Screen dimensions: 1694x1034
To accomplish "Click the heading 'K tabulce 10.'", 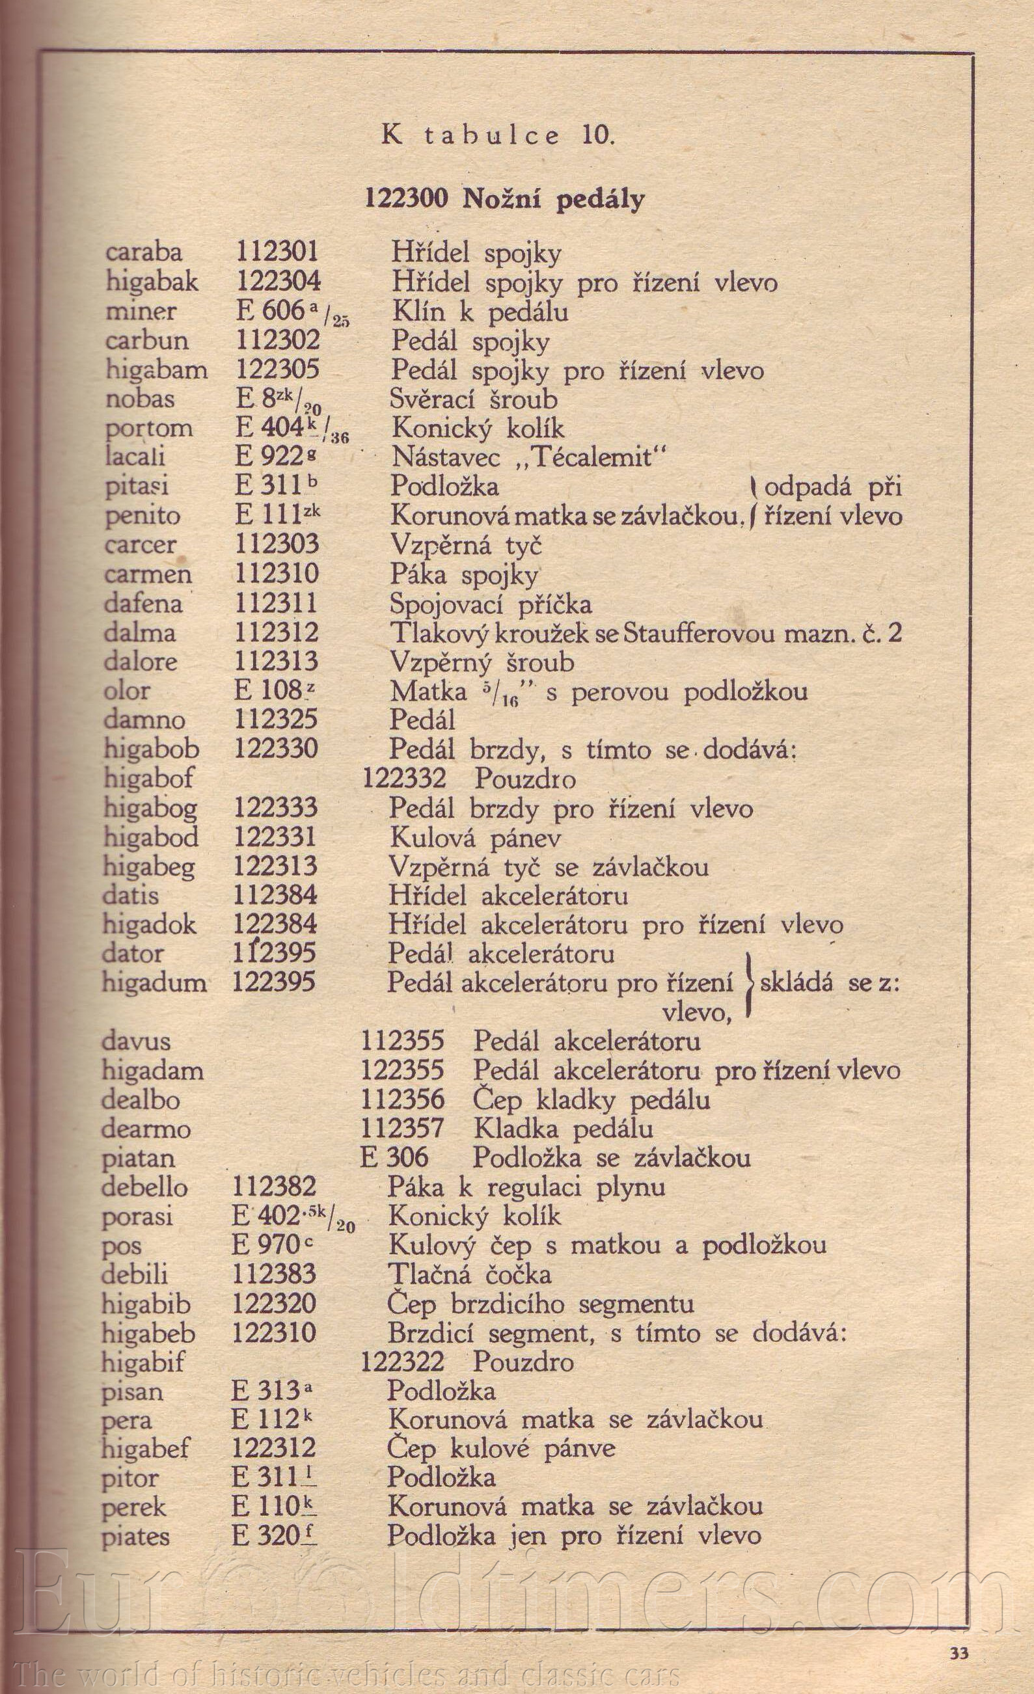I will click(x=498, y=135).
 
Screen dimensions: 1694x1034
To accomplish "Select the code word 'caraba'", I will click(x=144, y=252).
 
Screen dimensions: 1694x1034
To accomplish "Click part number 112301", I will click(x=277, y=252).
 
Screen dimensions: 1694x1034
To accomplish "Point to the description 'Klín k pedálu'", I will click(x=480, y=312).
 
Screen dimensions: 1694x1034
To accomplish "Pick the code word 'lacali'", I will click(x=135, y=457).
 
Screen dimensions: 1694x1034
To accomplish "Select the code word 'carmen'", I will click(x=148, y=574).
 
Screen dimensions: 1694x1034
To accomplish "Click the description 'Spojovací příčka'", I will click(x=490, y=604).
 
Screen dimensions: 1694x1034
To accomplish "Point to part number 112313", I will click(x=277, y=662).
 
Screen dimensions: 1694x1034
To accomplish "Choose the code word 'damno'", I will click(x=144, y=719).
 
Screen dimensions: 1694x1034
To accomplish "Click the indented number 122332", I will click(x=404, y=778).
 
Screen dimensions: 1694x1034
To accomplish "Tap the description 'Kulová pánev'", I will click(x=475, y=837).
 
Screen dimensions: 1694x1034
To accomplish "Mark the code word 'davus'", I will click(x=136, y=1041).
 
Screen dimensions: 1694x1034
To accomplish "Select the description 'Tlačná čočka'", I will click(x=470, y=1274).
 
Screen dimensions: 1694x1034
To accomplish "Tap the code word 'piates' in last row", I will click(x=135, y=1537).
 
